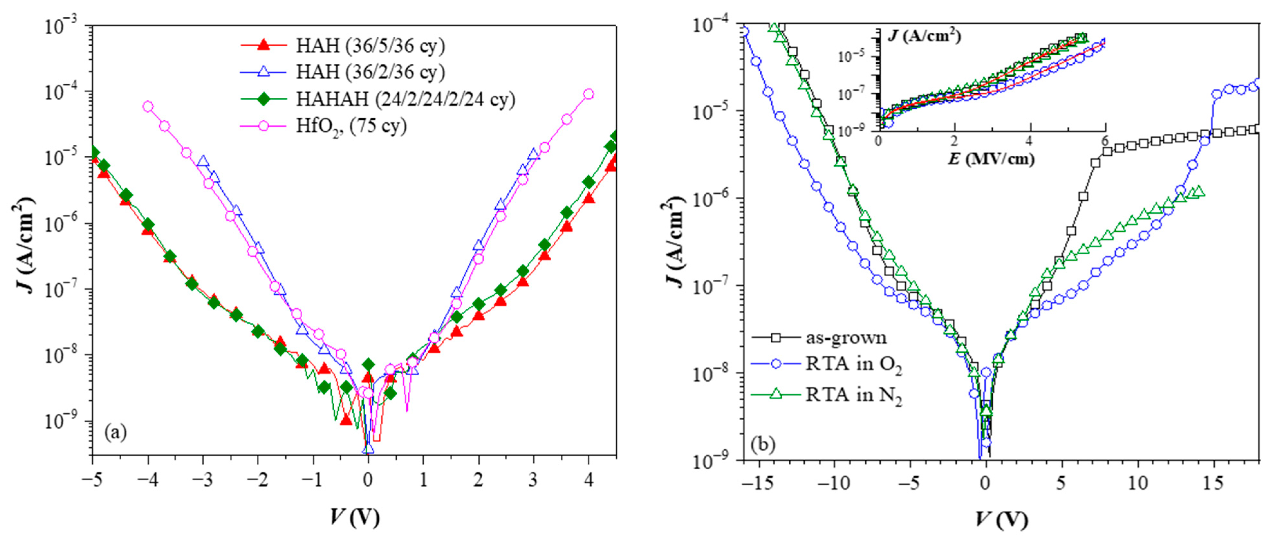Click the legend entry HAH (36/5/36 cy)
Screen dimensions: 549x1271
370,46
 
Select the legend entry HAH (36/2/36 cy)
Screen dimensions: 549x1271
370,72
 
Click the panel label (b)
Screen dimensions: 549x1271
763,445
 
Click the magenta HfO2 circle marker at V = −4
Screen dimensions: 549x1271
147,106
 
